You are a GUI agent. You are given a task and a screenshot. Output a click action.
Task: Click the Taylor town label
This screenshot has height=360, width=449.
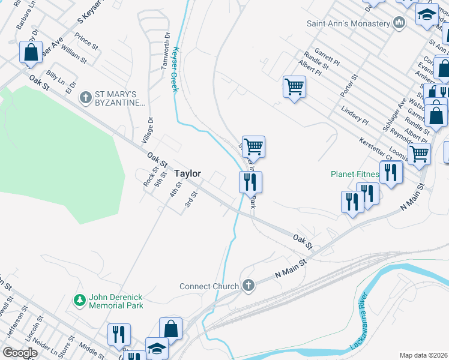(187, 173)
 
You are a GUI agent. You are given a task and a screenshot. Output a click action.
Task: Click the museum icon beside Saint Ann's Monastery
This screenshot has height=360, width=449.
(399, 23)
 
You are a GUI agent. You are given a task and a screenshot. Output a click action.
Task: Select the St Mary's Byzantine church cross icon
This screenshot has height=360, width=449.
(86, 96)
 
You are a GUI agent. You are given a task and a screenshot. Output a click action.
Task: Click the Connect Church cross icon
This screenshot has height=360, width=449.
(249, 286)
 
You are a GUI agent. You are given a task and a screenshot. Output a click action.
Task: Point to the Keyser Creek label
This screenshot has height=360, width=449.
(175, 69)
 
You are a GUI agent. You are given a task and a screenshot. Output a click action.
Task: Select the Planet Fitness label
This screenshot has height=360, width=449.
(354, 175)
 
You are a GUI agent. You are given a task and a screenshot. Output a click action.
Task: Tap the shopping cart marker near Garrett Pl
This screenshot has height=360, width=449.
(294, 86)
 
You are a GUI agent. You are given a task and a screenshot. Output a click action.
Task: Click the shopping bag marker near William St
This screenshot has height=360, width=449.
(31, 52)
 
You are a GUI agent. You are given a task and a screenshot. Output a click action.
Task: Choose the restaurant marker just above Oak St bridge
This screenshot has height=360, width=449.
(250, 181)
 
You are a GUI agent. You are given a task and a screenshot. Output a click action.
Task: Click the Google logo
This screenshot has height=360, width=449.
(20, 353)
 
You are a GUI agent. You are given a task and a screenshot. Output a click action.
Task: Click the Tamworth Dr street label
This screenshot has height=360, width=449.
(166, 50)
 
